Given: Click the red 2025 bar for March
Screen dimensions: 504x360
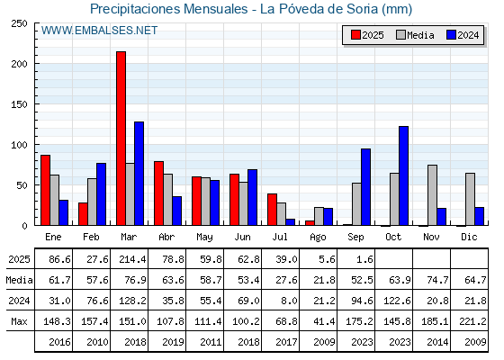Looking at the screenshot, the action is click(x=121, y=139).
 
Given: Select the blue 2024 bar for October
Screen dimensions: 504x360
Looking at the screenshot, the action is click(x=404, y=175).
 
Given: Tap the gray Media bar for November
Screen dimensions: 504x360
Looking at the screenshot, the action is click(x=432, y=195).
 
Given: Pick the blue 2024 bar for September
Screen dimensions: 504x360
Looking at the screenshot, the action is click(x=365, y=187).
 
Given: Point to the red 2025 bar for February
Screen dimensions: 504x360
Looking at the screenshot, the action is click(x=83, y=214).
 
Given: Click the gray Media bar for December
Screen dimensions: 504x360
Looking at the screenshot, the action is click(x=470, y=199).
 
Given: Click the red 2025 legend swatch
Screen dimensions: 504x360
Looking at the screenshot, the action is click(x=355, y=35).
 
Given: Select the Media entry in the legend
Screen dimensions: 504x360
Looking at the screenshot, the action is click(x=415, y=35).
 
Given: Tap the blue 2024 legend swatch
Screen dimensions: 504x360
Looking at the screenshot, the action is click(x=452, y=35).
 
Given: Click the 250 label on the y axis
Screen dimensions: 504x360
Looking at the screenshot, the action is click(x=19, y=23).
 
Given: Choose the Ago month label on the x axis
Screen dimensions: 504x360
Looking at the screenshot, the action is click(x=318, y=238).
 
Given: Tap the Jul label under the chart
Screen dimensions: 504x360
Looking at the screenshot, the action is click(x=280, y=237).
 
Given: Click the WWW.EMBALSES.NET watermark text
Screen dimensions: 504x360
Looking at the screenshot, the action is click(x=99, y=31).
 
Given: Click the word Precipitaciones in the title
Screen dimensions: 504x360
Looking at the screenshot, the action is click(x=135, y=9).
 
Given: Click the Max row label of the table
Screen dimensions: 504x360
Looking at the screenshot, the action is click(x=19, y=321).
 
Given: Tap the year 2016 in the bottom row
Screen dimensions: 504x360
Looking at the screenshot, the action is click(x=59, y=342).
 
